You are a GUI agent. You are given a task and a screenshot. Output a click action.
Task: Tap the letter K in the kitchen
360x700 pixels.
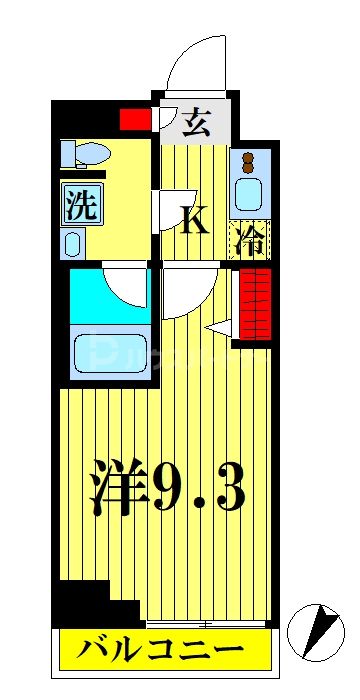pyautogui.click(x=194, y=219)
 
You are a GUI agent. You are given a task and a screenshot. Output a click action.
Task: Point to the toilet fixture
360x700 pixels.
pyautogui.click(x=84, y=154)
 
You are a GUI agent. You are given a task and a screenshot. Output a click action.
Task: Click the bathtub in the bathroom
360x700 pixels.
pyautogui.click(x=108, y=354)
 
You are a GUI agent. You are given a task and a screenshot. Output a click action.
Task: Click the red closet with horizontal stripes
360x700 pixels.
pyautogui.click(x=255, y=305)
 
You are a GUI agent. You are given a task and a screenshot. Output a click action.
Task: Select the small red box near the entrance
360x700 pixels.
pyautogui.click(x=134, y=120)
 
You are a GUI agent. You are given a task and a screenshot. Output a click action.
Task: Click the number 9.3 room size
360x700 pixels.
pyautogui.click(x=198, y=490)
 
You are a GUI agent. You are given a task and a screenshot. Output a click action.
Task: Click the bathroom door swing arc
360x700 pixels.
pyautogui.click(x=126, y=285)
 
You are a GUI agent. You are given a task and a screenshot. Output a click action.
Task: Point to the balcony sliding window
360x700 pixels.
pyautogui.click(x=204, y=623)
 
